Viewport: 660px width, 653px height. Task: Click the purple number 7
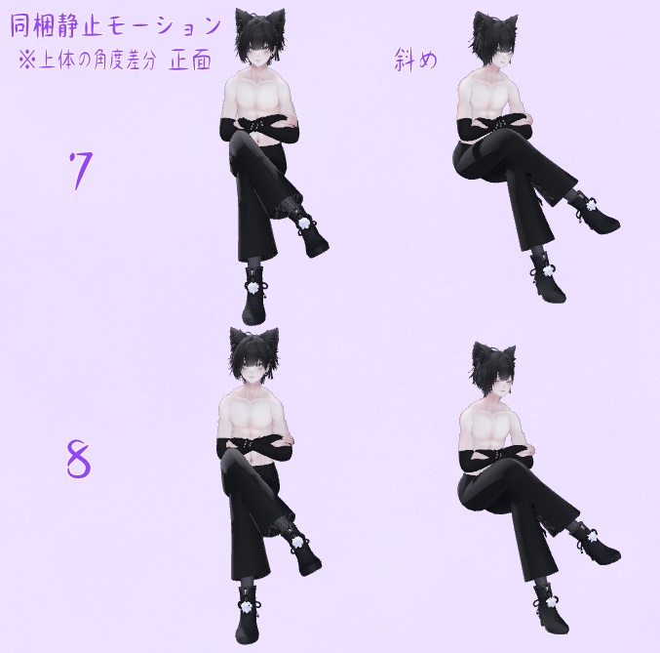pyautogui.click(x=80, y=171)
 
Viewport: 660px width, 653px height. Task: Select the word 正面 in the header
pyautogui.click(x=189, y=59)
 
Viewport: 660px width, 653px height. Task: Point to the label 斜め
pyautogui.click(x=416, y=59)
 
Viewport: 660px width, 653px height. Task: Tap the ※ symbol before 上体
pyautogui.click(x=25, y=60)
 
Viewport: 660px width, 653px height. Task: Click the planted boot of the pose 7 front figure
pyautogui.click(x=256, y=303)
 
